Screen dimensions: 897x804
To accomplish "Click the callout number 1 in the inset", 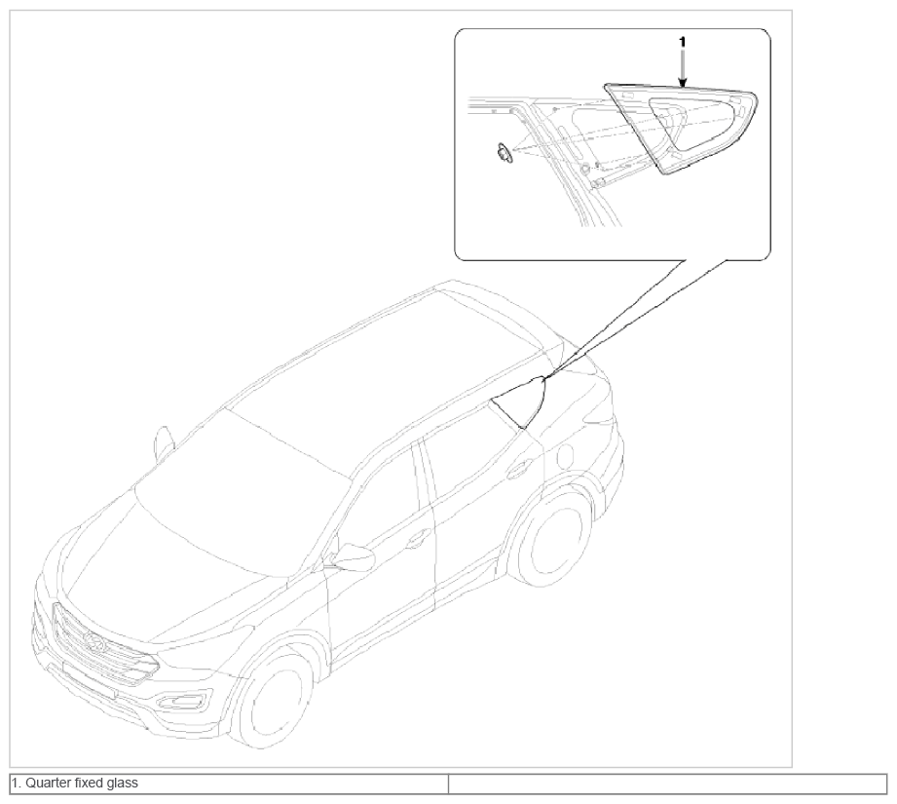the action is click(x=682, y=42).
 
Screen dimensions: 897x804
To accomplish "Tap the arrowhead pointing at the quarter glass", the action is click(x=682, y=83).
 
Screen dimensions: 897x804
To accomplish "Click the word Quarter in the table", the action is click(x=44, y=783).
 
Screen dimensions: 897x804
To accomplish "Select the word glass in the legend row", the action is click(x=122, y=783).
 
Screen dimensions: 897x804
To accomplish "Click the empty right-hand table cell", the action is click(x=667, y=784).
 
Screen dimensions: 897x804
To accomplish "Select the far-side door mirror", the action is click(x=165, y=441).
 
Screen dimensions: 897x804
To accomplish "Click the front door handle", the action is click(x=417, y=536).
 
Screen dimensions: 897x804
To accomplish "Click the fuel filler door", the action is click(x=564, y=456).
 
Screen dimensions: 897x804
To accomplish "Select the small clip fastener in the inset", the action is click(x=502, y=152).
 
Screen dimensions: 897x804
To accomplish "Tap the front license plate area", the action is click(x=89, y=678).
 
